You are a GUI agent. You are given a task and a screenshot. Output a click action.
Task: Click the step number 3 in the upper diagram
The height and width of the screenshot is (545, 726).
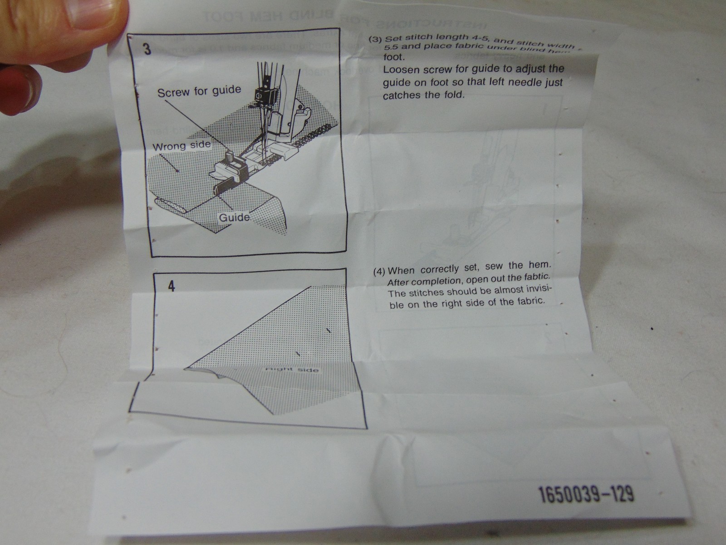[147, 50]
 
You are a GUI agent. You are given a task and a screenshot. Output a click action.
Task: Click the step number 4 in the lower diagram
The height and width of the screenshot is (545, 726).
[171, 287]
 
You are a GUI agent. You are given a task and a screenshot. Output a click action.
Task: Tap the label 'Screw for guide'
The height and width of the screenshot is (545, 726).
[199, 91]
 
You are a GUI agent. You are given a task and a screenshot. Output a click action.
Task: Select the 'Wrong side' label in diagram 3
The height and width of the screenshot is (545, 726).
[181, 146]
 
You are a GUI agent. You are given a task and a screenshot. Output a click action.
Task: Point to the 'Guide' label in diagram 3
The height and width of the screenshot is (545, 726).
[234, 218]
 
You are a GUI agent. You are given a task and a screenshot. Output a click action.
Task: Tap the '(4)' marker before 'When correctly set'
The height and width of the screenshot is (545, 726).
[380, 272]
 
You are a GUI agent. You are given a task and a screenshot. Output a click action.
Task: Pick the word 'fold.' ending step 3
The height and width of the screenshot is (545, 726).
[452, 95]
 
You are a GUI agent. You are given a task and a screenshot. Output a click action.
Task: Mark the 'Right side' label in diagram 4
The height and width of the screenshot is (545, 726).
[291, 370]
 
